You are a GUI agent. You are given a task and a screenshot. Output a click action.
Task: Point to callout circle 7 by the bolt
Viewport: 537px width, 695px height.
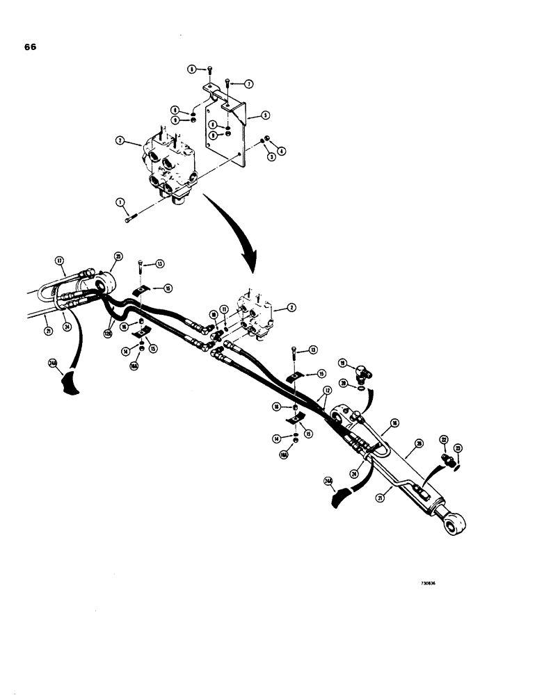[x=248, y=83]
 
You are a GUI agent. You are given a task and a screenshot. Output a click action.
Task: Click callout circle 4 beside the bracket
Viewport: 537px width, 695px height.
[x=280, y=151]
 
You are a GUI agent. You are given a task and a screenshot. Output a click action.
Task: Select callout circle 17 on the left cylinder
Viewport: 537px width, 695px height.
[x=59, y=262]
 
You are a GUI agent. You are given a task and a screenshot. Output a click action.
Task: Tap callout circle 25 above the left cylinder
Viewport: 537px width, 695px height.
[x=118, y=256]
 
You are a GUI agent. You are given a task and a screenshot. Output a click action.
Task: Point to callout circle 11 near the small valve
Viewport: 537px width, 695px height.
[x=224, y=308]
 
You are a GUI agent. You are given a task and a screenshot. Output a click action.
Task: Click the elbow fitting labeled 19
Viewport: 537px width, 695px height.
[x=360, y=375]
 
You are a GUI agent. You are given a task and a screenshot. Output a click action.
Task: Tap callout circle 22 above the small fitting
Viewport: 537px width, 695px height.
[x=442, y=441]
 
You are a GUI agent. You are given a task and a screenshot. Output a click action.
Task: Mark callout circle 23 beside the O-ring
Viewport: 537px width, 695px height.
[x=458, y=448]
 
